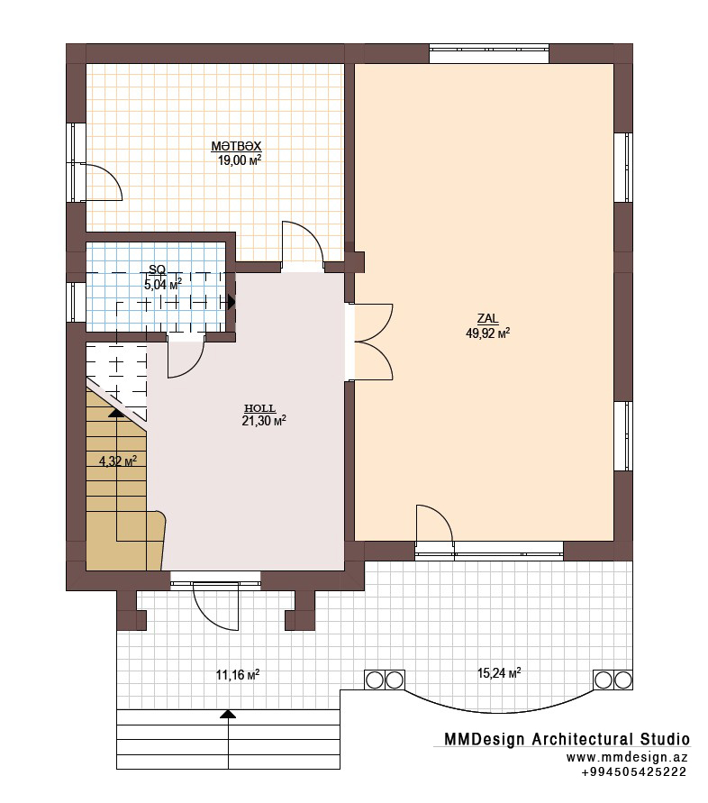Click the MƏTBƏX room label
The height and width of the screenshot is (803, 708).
[x=236, y=146]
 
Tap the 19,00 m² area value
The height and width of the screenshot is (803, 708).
[x=240, y=160]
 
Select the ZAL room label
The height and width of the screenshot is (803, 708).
[x=487, y=318]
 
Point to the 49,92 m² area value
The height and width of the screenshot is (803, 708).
[x=487, y=333]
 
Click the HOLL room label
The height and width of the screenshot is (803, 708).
[x=260, y=408]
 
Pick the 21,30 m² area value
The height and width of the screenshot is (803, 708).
[x=264, y=421]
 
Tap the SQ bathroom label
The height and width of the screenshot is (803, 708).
[x=157, y=269]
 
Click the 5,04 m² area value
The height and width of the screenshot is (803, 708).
[x=163, y=285]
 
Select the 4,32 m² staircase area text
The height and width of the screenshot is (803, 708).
[x=118, y=461]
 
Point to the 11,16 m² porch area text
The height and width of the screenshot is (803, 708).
[x=238, y=674]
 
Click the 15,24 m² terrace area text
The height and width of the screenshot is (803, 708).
[x=499, y=672]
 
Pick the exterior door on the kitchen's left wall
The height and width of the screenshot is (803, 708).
[x=103, y=182]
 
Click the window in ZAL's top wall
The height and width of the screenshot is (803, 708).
[x=489, y=54]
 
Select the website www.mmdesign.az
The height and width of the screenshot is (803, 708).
[x=627, y=757]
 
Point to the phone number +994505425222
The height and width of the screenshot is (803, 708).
[x=634, y=771]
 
